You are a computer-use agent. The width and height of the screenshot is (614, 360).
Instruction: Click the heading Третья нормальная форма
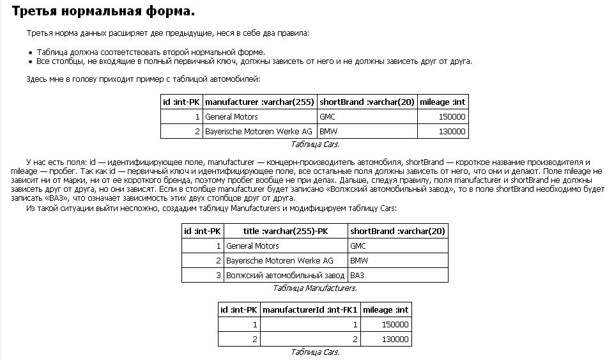[x=104, y=12]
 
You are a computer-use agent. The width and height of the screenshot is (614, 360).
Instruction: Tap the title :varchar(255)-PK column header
[x=285, y=231]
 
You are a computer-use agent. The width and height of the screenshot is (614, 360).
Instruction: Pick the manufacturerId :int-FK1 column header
[x=310, y=309]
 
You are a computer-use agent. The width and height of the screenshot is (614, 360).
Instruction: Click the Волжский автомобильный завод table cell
[x=285, y=275]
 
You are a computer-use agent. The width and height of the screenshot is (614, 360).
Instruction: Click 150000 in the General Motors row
[x=452, y=117]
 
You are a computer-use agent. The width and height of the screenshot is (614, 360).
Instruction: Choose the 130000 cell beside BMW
[x=452, y=132]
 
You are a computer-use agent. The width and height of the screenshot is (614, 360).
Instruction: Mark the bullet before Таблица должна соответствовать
[x=30, y=52]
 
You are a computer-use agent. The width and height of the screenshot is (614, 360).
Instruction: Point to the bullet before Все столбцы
[x=30, y=61]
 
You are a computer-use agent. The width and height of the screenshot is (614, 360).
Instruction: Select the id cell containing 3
[x=218, y=275]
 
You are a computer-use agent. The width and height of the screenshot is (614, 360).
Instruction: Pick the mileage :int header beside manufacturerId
[x=385, y=309]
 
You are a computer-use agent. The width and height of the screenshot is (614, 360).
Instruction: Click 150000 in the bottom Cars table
[x=395, y=324]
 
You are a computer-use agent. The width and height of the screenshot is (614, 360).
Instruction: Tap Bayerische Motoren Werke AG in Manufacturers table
[x=280, y=260]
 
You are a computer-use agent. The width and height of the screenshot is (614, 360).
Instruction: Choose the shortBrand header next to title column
[x=397, y=231]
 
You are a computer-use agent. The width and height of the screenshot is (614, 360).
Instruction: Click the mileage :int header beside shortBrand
[x=443, y=102]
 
